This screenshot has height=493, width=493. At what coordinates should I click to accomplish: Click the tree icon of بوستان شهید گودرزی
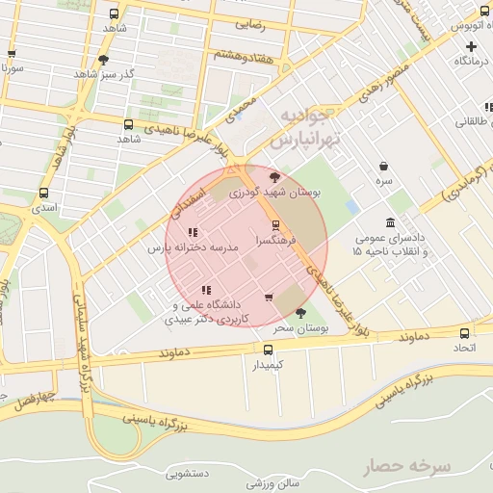coord(275,177)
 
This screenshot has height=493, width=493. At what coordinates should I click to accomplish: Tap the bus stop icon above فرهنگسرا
coord(277,224)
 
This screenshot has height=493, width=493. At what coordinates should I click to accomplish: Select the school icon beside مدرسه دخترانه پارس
coord(193,232)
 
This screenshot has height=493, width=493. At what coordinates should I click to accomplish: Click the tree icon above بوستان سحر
coord(300,313)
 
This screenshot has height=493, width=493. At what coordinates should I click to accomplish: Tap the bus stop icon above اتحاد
coord(465,333)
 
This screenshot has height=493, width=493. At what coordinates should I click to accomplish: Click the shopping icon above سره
coord(384,166)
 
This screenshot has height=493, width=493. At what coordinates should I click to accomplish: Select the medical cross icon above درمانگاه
coord(471,46)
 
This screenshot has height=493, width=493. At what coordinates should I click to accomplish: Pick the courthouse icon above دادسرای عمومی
coord(390,222)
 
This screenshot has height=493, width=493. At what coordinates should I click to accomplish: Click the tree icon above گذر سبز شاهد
coord(103,60)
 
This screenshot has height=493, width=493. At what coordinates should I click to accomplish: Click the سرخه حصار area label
coord(406,467)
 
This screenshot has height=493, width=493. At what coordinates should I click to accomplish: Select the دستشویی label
coord(188,474)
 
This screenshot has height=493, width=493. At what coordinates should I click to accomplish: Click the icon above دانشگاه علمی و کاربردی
coord(206,290)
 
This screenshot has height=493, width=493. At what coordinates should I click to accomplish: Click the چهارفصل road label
coord(31,397)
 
